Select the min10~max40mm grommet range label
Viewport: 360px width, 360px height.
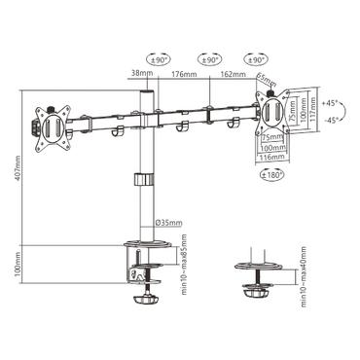coord(304,279)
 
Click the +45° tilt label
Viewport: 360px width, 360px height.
coord(334,102)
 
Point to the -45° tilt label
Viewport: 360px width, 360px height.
coord(334,120)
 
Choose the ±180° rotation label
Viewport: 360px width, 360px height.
coord(270,176)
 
